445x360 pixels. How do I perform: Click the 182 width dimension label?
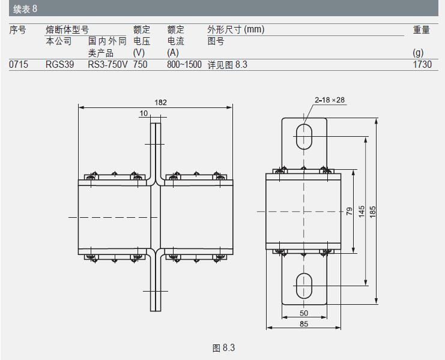point(160,103)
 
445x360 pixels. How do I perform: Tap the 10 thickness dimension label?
point(144,113)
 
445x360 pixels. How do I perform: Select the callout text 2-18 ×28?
point(330,100)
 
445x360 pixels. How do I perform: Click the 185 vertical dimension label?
point(372,212)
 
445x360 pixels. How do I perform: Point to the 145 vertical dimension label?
point(362,212)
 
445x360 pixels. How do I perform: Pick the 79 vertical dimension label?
point(350,211)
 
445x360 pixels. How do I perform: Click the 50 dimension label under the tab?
point(304,313)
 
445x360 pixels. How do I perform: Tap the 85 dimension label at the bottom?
point(304,324)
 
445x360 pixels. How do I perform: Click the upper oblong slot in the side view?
point(304,136)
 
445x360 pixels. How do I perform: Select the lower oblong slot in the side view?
point(304,286)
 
